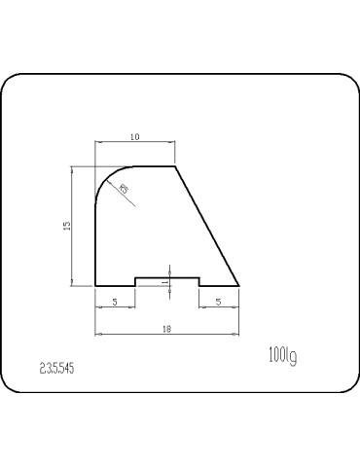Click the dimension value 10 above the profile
coord(134,136)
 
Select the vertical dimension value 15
coord(65,226)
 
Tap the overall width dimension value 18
coord(167,330)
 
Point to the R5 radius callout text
coord(124,188)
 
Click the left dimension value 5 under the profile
coord(115,303)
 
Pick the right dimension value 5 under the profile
coord(219,303)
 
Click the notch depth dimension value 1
coord(165,281)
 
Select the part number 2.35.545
coord(57,369)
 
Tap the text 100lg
coord(281,356)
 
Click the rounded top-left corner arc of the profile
coord(104,177)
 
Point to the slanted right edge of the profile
coord(207,227)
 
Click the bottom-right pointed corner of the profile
coord(239,286)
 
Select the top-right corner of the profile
coord(175,166)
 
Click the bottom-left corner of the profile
coord(95,286)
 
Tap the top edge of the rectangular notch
coord(167,278)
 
